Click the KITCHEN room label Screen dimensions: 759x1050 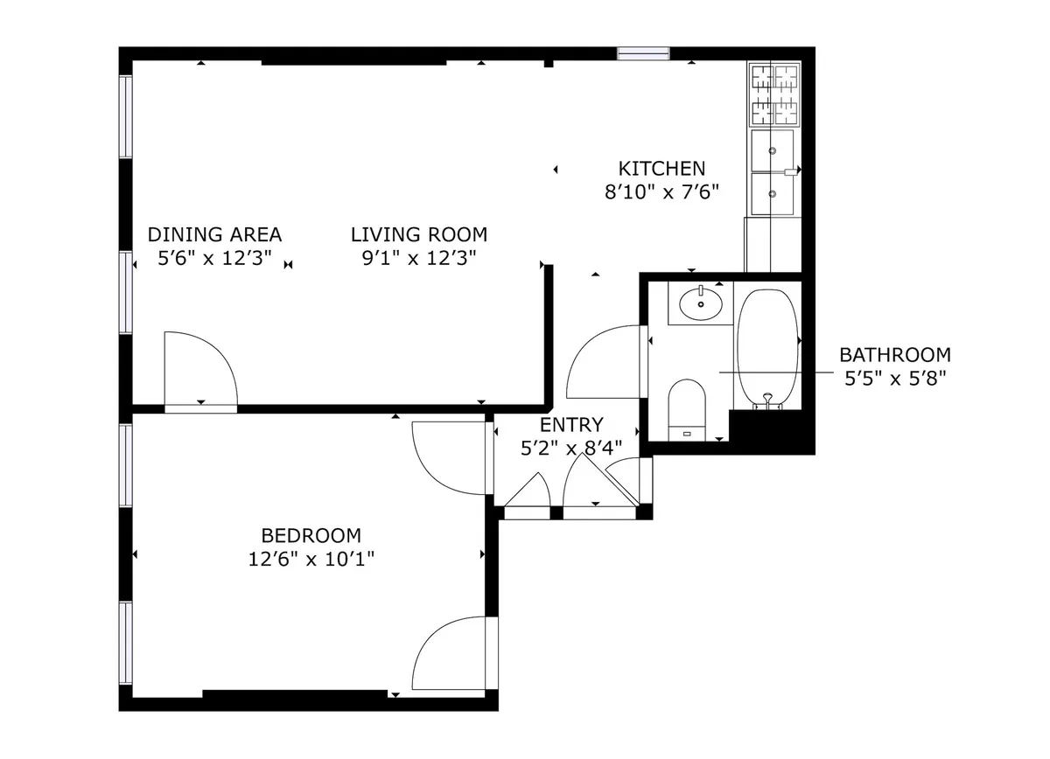(x=661, y=169)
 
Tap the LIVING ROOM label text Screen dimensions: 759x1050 (x=418, y=234)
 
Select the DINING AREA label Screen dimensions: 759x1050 (x=214, y=234)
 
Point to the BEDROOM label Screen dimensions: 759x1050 (x=311, y=535)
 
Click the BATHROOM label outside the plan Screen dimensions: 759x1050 (x=894, y=355)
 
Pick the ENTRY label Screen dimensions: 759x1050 (x=570, y=425)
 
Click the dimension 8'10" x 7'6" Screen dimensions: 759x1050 (x=661, y=192)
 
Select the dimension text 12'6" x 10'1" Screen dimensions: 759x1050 (x=311, y=559)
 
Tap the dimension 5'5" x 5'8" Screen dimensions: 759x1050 (x=894, y=378)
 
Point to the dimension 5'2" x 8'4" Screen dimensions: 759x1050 (x=570, y=448)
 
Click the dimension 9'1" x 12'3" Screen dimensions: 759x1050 (x=418, y=258)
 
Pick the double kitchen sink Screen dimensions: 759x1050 (x=773, y=172)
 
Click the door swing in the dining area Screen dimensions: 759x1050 (x=198, y=370)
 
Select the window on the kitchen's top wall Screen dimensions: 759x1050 (x=643, y=53)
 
